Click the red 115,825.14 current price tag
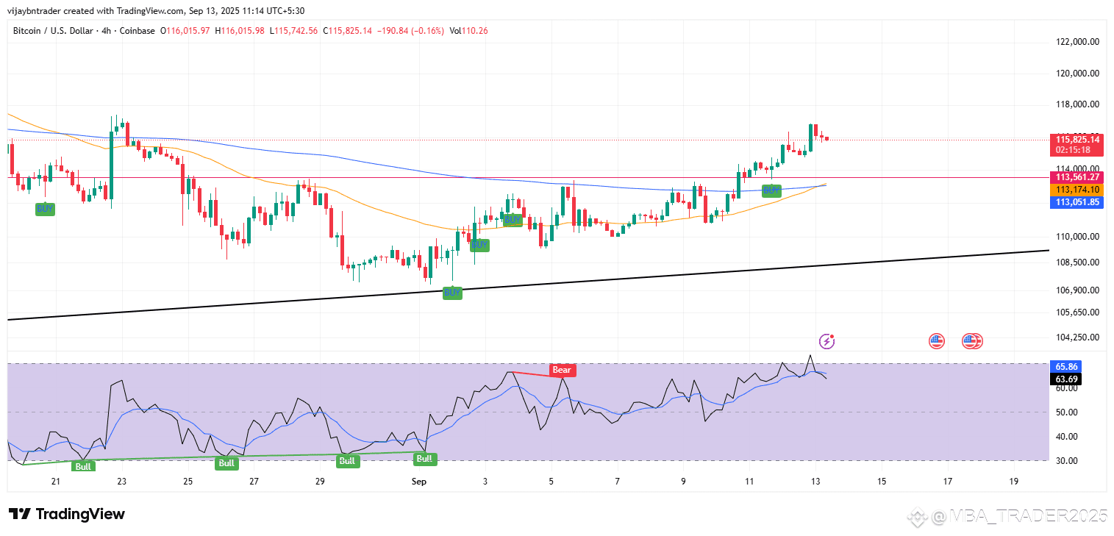1078,139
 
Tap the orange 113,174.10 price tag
1078,190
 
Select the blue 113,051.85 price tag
1078,202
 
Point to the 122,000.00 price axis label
1077,42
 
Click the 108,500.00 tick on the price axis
1077,262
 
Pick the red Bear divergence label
562,370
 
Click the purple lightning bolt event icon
827,340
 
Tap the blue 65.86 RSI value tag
1066,366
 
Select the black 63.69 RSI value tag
1066,379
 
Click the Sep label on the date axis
419,481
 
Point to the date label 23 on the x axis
121,481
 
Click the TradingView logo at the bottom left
67,514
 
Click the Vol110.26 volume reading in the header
469,31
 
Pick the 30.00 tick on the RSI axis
1066,460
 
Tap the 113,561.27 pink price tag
1078,177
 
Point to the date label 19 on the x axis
1014,481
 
